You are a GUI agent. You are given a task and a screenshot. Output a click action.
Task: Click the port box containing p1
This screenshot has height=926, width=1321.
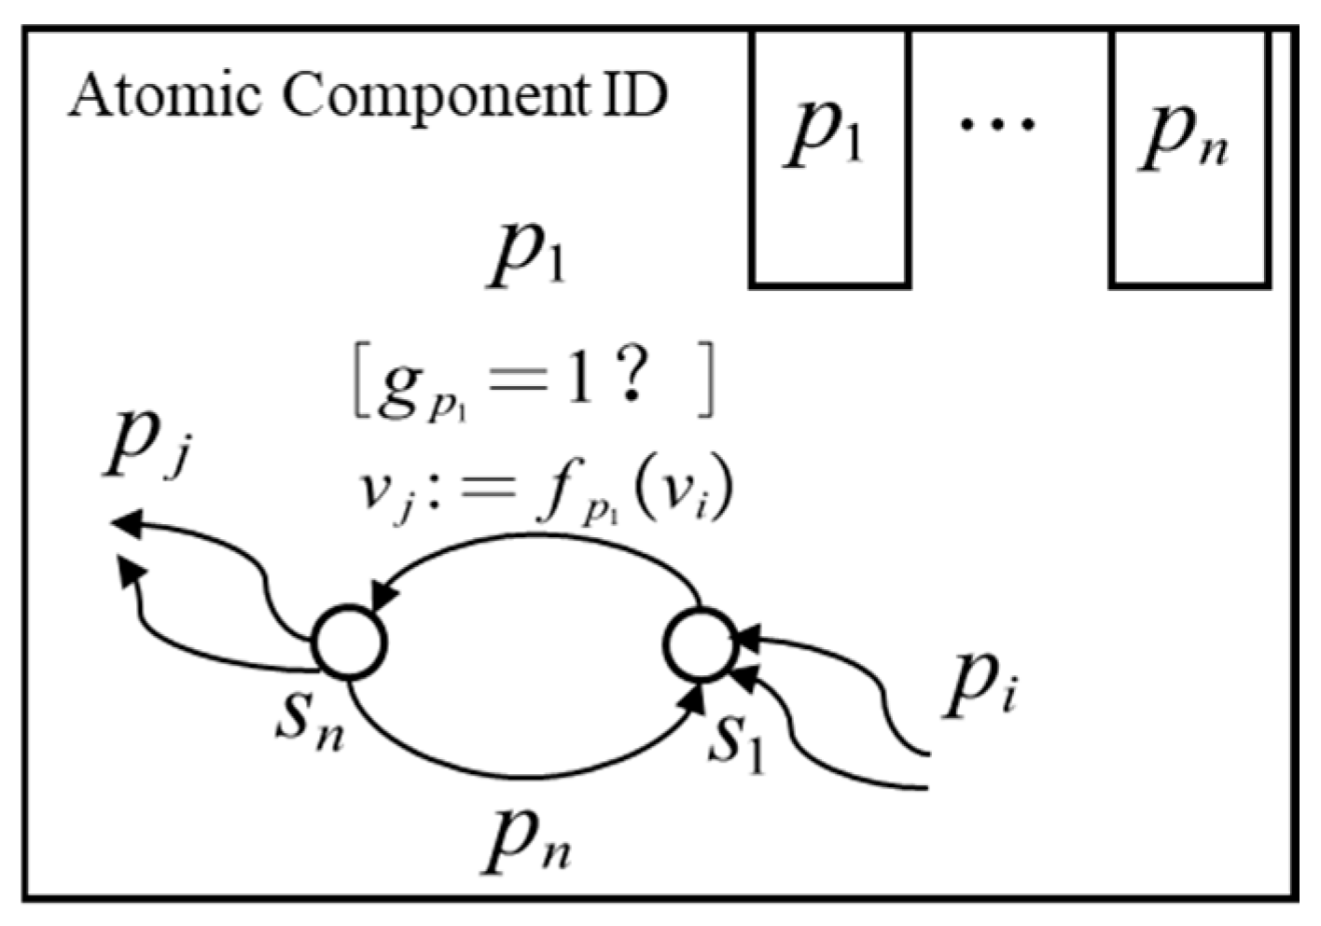(829, 159)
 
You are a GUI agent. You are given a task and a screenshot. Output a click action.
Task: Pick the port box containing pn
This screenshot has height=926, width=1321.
(1189, 159)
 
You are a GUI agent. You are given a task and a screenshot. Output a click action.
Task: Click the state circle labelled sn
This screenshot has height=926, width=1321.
(349, 643)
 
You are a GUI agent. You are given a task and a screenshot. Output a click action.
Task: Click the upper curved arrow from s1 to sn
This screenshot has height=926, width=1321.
(541, 539)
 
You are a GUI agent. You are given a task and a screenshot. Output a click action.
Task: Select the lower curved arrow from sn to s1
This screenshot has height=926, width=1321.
(522, 772)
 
